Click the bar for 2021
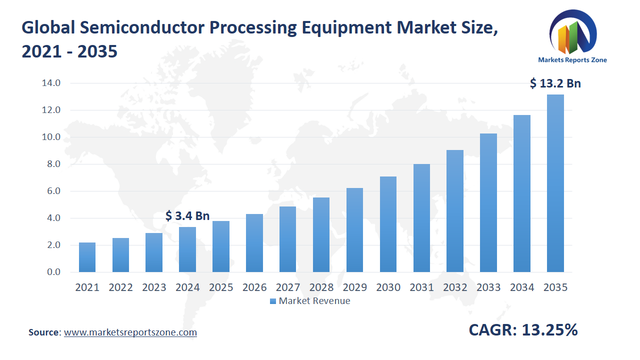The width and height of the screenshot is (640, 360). tap(87, 257)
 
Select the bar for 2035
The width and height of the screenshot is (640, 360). tap(555, 183)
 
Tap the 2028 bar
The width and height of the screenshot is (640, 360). tap(321, 235)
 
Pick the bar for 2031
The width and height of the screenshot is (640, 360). tap(421, 218)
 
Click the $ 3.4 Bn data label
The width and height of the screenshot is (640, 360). tap(187, 216)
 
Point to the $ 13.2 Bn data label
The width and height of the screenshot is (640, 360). tap(555, 83)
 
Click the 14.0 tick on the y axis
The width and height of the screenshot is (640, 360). tap(51, 83)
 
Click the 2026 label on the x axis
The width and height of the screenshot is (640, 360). tap(254, 287)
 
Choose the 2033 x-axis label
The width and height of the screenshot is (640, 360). tap(488, 287)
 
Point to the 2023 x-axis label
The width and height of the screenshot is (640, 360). tap(154, 287)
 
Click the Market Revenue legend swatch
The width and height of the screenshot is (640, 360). tap(272, 301)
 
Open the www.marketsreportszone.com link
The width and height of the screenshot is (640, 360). tap(130, 332)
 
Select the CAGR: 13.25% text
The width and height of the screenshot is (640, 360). tap(523, 330)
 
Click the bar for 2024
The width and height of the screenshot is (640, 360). tap(187, 249)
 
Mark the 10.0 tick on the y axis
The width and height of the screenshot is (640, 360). tap(51, 137)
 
